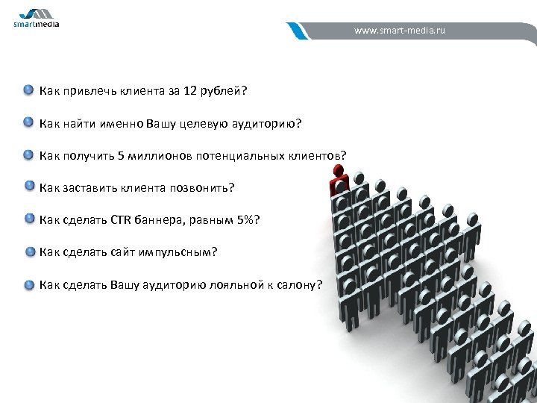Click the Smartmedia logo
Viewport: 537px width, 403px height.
[x=36, y=17]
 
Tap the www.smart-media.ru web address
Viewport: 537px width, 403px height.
[x=400, y=32]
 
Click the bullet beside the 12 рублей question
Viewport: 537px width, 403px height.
[x=28, y=90]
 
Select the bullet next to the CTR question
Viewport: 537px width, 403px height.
[x=29, y=219]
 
